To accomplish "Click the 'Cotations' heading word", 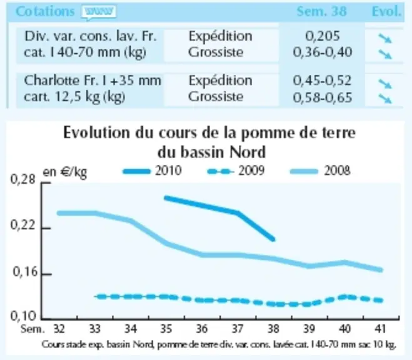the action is point(45,11).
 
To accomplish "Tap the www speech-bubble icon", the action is point(99,12).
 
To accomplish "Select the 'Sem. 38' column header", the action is point(321,11).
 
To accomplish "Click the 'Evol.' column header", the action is point(386,11).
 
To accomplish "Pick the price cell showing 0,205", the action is point(323,36).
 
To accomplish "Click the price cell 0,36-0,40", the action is point(323,52).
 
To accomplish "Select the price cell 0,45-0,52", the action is point(322,81).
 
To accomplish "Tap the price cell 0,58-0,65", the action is point(323,97).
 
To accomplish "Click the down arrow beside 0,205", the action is point(385,38).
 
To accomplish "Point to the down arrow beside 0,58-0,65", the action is point(385,99).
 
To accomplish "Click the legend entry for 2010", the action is point(152,171).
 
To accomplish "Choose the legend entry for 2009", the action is point(236,171).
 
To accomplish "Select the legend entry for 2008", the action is point(320,171).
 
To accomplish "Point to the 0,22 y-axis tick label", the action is point(23,225).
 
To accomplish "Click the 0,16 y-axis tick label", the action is point(24,272).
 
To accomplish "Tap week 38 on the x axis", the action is point(273,329).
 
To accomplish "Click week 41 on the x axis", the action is point(381,329).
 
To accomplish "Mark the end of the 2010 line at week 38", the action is point(273,239).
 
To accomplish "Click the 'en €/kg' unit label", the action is point(64,172).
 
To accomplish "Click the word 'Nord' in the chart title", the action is point(248,152).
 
